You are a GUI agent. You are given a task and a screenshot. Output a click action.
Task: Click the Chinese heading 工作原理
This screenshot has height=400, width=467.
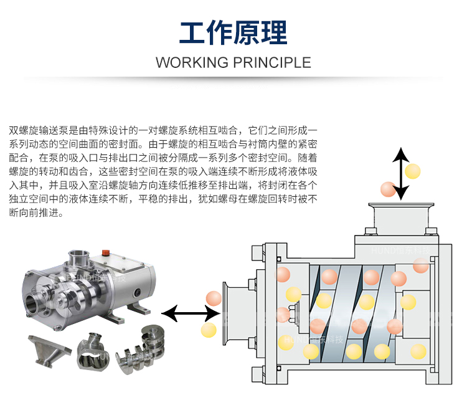pyautogui.click(x=233, y=32)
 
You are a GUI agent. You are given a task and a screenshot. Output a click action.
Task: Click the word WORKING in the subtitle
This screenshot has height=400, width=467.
pyautogui.click(x=191, y=62)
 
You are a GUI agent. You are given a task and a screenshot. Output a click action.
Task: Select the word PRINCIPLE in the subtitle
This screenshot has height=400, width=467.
pyautogui.click(x=271, y=62)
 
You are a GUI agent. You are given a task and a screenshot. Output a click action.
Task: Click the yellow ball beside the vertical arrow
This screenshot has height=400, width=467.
pyautogui.click(x=412, y=170)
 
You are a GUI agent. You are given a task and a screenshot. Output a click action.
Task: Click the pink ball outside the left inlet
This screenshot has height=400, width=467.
pyautogui.click(x=213, y=298)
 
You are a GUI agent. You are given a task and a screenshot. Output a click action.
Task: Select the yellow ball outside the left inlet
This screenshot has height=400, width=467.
pyautogui.click(x=209, y=329)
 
